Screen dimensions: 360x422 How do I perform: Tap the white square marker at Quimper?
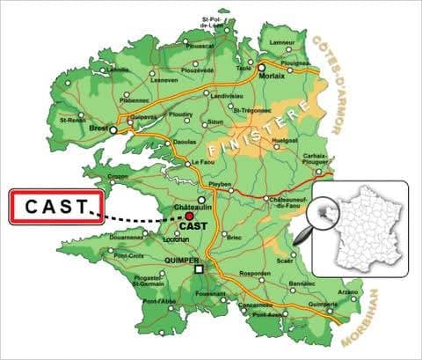(x=200, y=268)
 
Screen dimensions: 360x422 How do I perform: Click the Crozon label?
(x=118, y=176)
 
